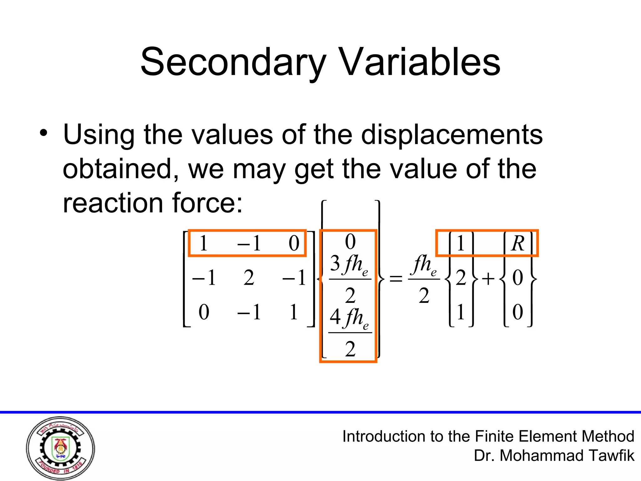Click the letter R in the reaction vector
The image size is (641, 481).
pyautogui.click(x=518, y=243)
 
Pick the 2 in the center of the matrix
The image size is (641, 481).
pyautogui.click(x=249, y=278)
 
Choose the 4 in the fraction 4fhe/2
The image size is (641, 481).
pyautogui.click(x=335, y=317)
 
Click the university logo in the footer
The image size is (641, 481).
pyautogui.click(x=60, y=448)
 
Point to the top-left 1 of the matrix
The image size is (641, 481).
pyautogui.click(x=203, y=243)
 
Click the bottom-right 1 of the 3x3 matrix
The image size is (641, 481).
pyautogui.click(x=294, y=312)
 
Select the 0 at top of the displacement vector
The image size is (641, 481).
pyautogui.click(x=350, y=242)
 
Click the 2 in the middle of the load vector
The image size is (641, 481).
pyautogui.click(x=461, y=278)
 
